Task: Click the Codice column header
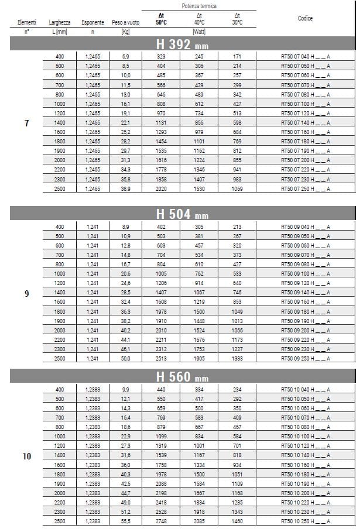305,19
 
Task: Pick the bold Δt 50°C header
161,18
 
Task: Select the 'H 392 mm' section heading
182,45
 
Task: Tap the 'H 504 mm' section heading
182,214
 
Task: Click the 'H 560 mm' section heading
182,377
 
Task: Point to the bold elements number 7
27,123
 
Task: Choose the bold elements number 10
27,455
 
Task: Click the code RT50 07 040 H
305,56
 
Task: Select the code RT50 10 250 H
305,521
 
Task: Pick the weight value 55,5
125,521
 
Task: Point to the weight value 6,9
125,56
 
